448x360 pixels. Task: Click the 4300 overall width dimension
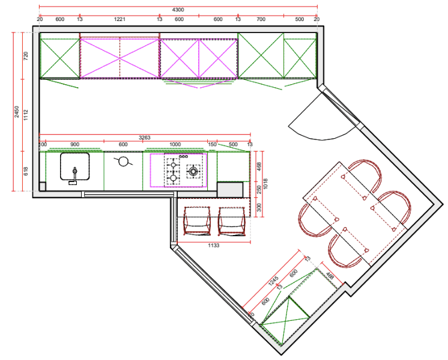178,10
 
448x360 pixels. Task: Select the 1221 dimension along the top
120,19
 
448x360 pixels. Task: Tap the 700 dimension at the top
260,19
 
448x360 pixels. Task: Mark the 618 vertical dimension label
26,171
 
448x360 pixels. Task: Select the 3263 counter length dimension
145,138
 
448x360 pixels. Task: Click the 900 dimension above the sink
74,145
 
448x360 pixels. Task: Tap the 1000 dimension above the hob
175,145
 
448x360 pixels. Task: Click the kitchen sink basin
75,165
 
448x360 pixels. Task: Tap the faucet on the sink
74,177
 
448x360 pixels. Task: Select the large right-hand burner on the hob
193,172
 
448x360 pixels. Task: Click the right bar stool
232,221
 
